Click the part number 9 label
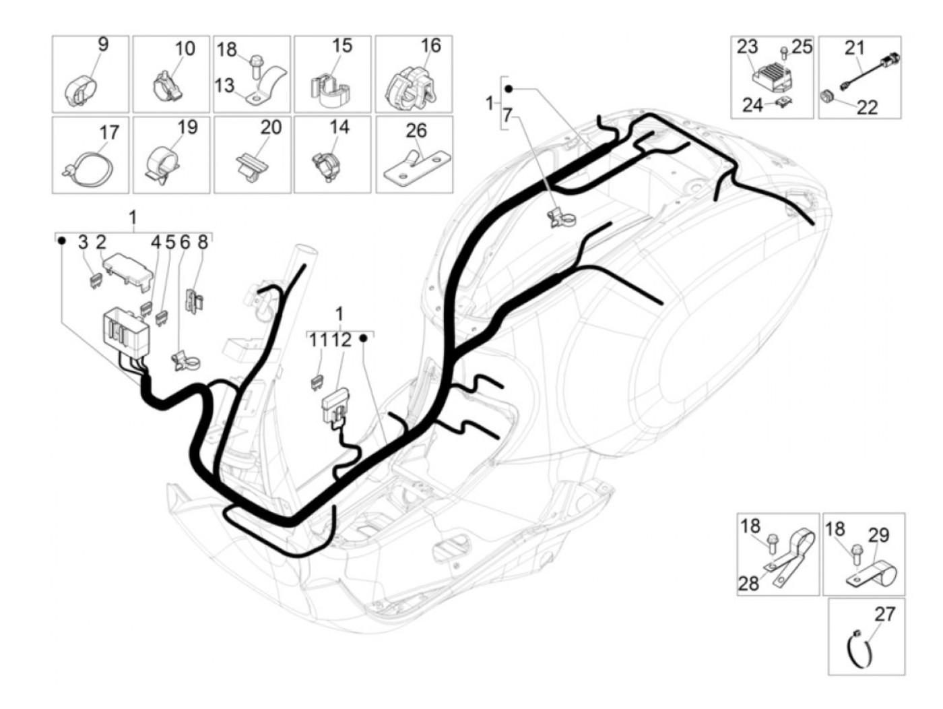pyautogui.click(x=103, y=44)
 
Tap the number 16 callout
pyautogui.click(x=430, y=46)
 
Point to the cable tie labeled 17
pyautogui.click(x=90, y=170)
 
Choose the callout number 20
pyautogui.click(x=271, y=127)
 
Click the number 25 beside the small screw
pyautogui.click(x=802, y=47)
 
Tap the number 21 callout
pyautogui.click(x=854, y=48)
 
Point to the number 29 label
pyautogui.click(x=878, y=535)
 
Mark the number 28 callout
pyautogui.click(x=749, y=584)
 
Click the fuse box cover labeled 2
pyautogui.click(x=128, y=268)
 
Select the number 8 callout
pyautogui.click(x=202, y=243)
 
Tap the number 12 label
pyautogui.click(x=342, y=340)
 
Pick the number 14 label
pyautogui.click(x=339, y=127)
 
